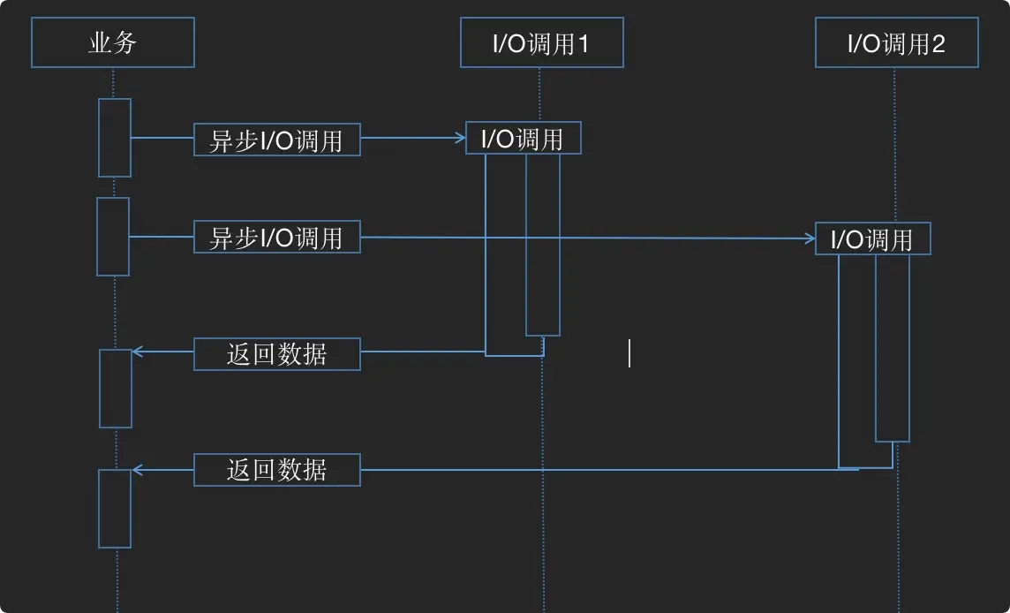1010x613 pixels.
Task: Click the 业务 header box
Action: [113, 42]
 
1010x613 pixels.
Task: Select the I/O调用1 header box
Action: [541, 43]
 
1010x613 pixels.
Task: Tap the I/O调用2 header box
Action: [896, 43]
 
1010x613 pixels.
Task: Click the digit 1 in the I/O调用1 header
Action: [583, 44]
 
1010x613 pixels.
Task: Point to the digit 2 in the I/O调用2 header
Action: [938, 44]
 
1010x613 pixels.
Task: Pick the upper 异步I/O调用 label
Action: [276, 140]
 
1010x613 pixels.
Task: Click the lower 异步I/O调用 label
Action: [276, 237]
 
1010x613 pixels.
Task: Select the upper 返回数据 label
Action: [276, 353]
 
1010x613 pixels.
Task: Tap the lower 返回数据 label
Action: [276, 470]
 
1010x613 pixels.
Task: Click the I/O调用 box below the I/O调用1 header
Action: [523, 138]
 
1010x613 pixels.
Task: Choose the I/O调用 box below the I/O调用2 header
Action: [872, 238]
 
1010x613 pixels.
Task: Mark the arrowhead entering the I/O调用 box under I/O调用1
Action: [460, 138]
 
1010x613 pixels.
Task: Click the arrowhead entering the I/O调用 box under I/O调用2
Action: [810, 238]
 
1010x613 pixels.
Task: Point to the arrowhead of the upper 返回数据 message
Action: [137, 352]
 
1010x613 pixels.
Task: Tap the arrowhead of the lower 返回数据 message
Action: [137, 470]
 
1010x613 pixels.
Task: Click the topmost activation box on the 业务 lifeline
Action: [115, 138]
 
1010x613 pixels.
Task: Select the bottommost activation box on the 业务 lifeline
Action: [115, 509]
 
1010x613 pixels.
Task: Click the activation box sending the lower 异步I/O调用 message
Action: [113, 237]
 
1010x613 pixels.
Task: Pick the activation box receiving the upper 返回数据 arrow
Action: [116, 389]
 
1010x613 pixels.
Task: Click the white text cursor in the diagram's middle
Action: [629, 353]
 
